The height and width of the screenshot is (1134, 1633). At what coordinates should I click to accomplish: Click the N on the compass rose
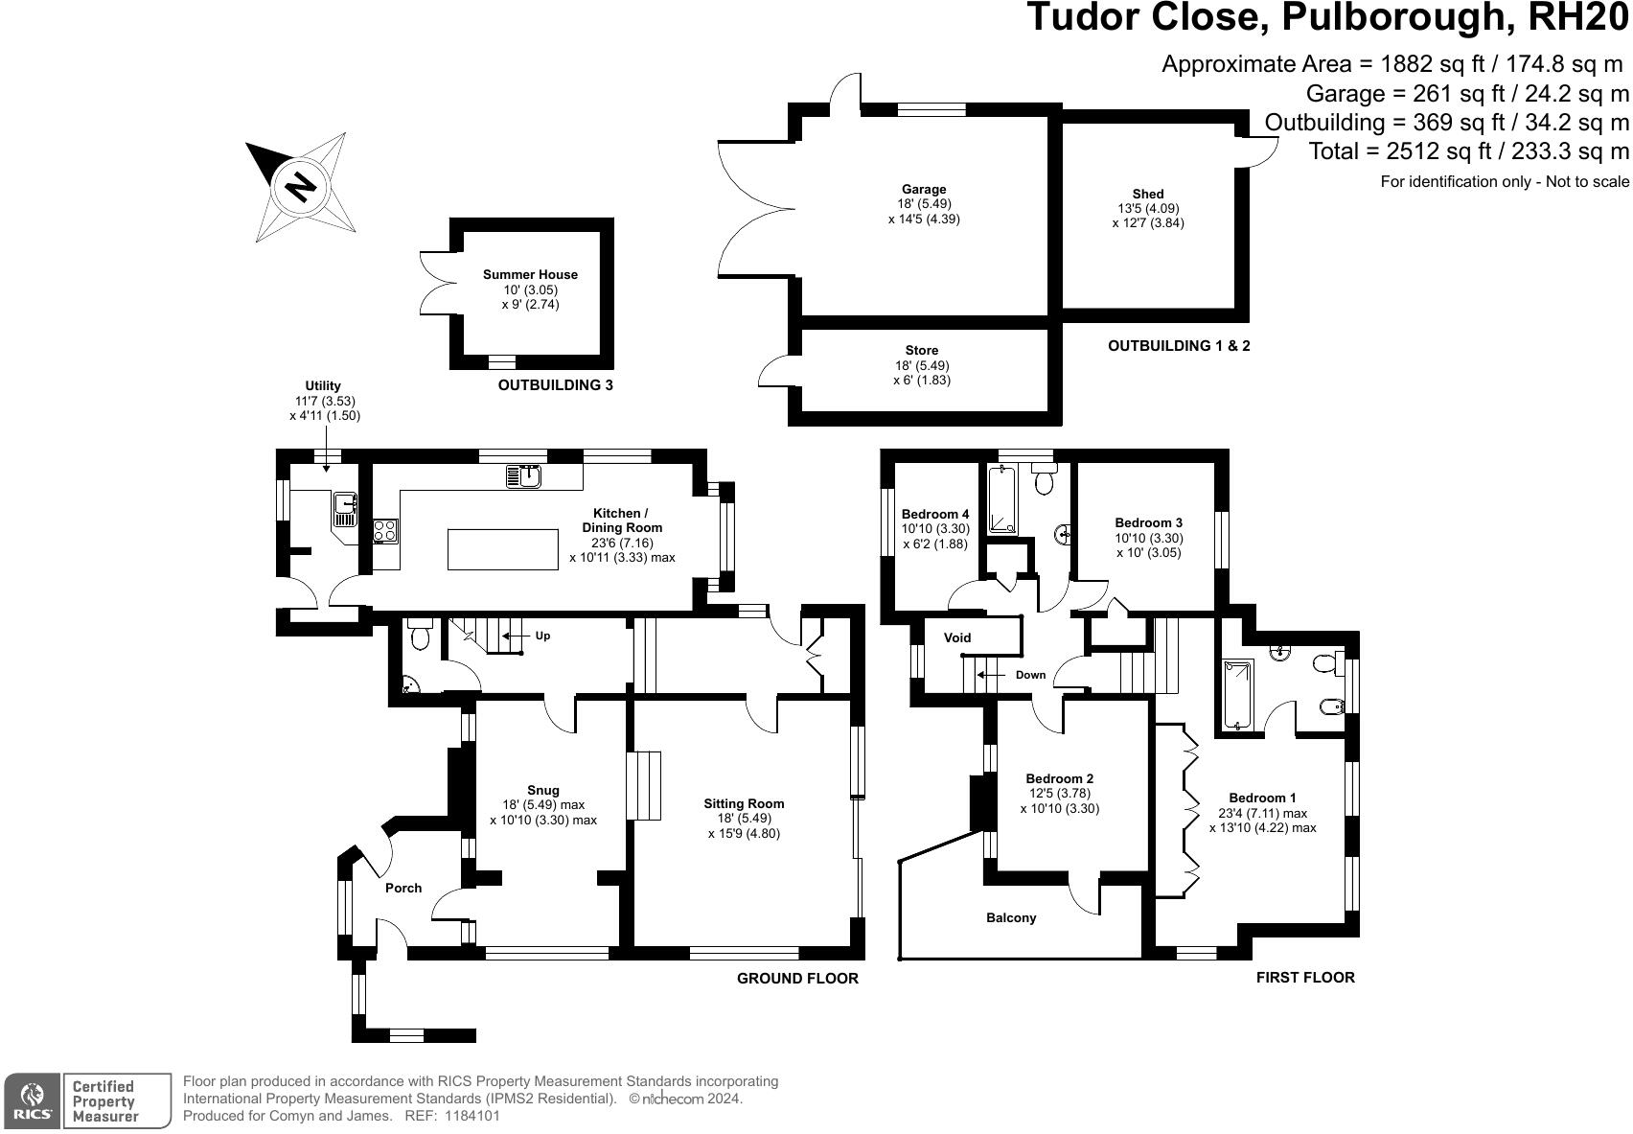click(300, 186)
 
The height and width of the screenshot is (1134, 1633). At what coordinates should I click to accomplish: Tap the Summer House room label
click(530, 275)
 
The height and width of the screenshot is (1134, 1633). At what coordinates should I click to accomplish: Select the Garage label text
click(923, 190)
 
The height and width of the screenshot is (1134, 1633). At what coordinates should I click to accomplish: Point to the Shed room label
click(1147, 195)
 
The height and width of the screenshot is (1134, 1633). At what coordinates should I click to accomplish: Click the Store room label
click(921, 351)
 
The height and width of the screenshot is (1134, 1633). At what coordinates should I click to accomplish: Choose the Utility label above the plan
click(323, 386)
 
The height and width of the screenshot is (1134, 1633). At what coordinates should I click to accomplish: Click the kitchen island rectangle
click(503, 549)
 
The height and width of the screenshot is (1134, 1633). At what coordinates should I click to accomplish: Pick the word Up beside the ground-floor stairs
click(543, 636)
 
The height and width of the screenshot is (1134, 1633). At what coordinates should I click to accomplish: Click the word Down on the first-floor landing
click(1030, 675)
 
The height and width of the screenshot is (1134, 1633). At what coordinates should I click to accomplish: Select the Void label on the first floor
click(957, 637)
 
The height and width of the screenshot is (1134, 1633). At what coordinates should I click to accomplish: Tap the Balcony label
click(1011, 918)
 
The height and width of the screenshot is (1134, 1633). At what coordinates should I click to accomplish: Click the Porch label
click(403, 888)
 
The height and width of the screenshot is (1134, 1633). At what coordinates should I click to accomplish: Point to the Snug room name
click(542, 791)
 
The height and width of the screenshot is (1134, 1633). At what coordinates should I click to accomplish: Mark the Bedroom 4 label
click(935, 515)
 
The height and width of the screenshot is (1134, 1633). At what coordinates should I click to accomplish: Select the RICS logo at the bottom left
click(33, 1101)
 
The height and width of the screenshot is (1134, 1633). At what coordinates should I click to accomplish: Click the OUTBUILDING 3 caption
click(555, 385)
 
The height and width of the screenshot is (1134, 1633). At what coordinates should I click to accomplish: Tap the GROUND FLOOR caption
click(797, 979)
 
